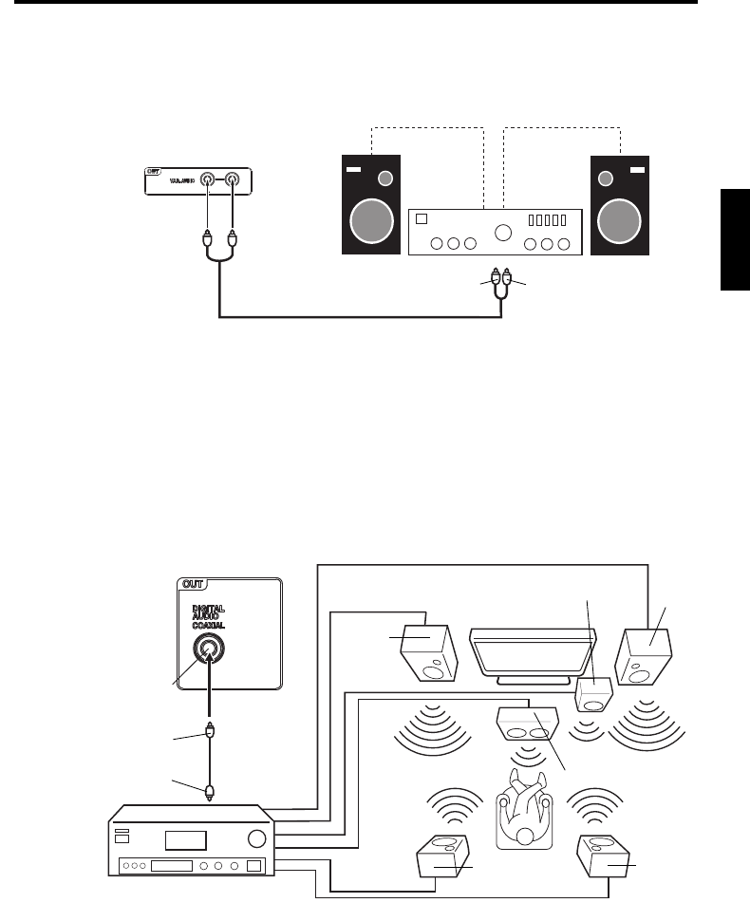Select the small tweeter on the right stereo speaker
[x=605, y=179]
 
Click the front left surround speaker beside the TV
[x=430, y=652]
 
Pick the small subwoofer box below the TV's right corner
[x=594, y=696]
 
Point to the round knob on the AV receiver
[x=254, y=838]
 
